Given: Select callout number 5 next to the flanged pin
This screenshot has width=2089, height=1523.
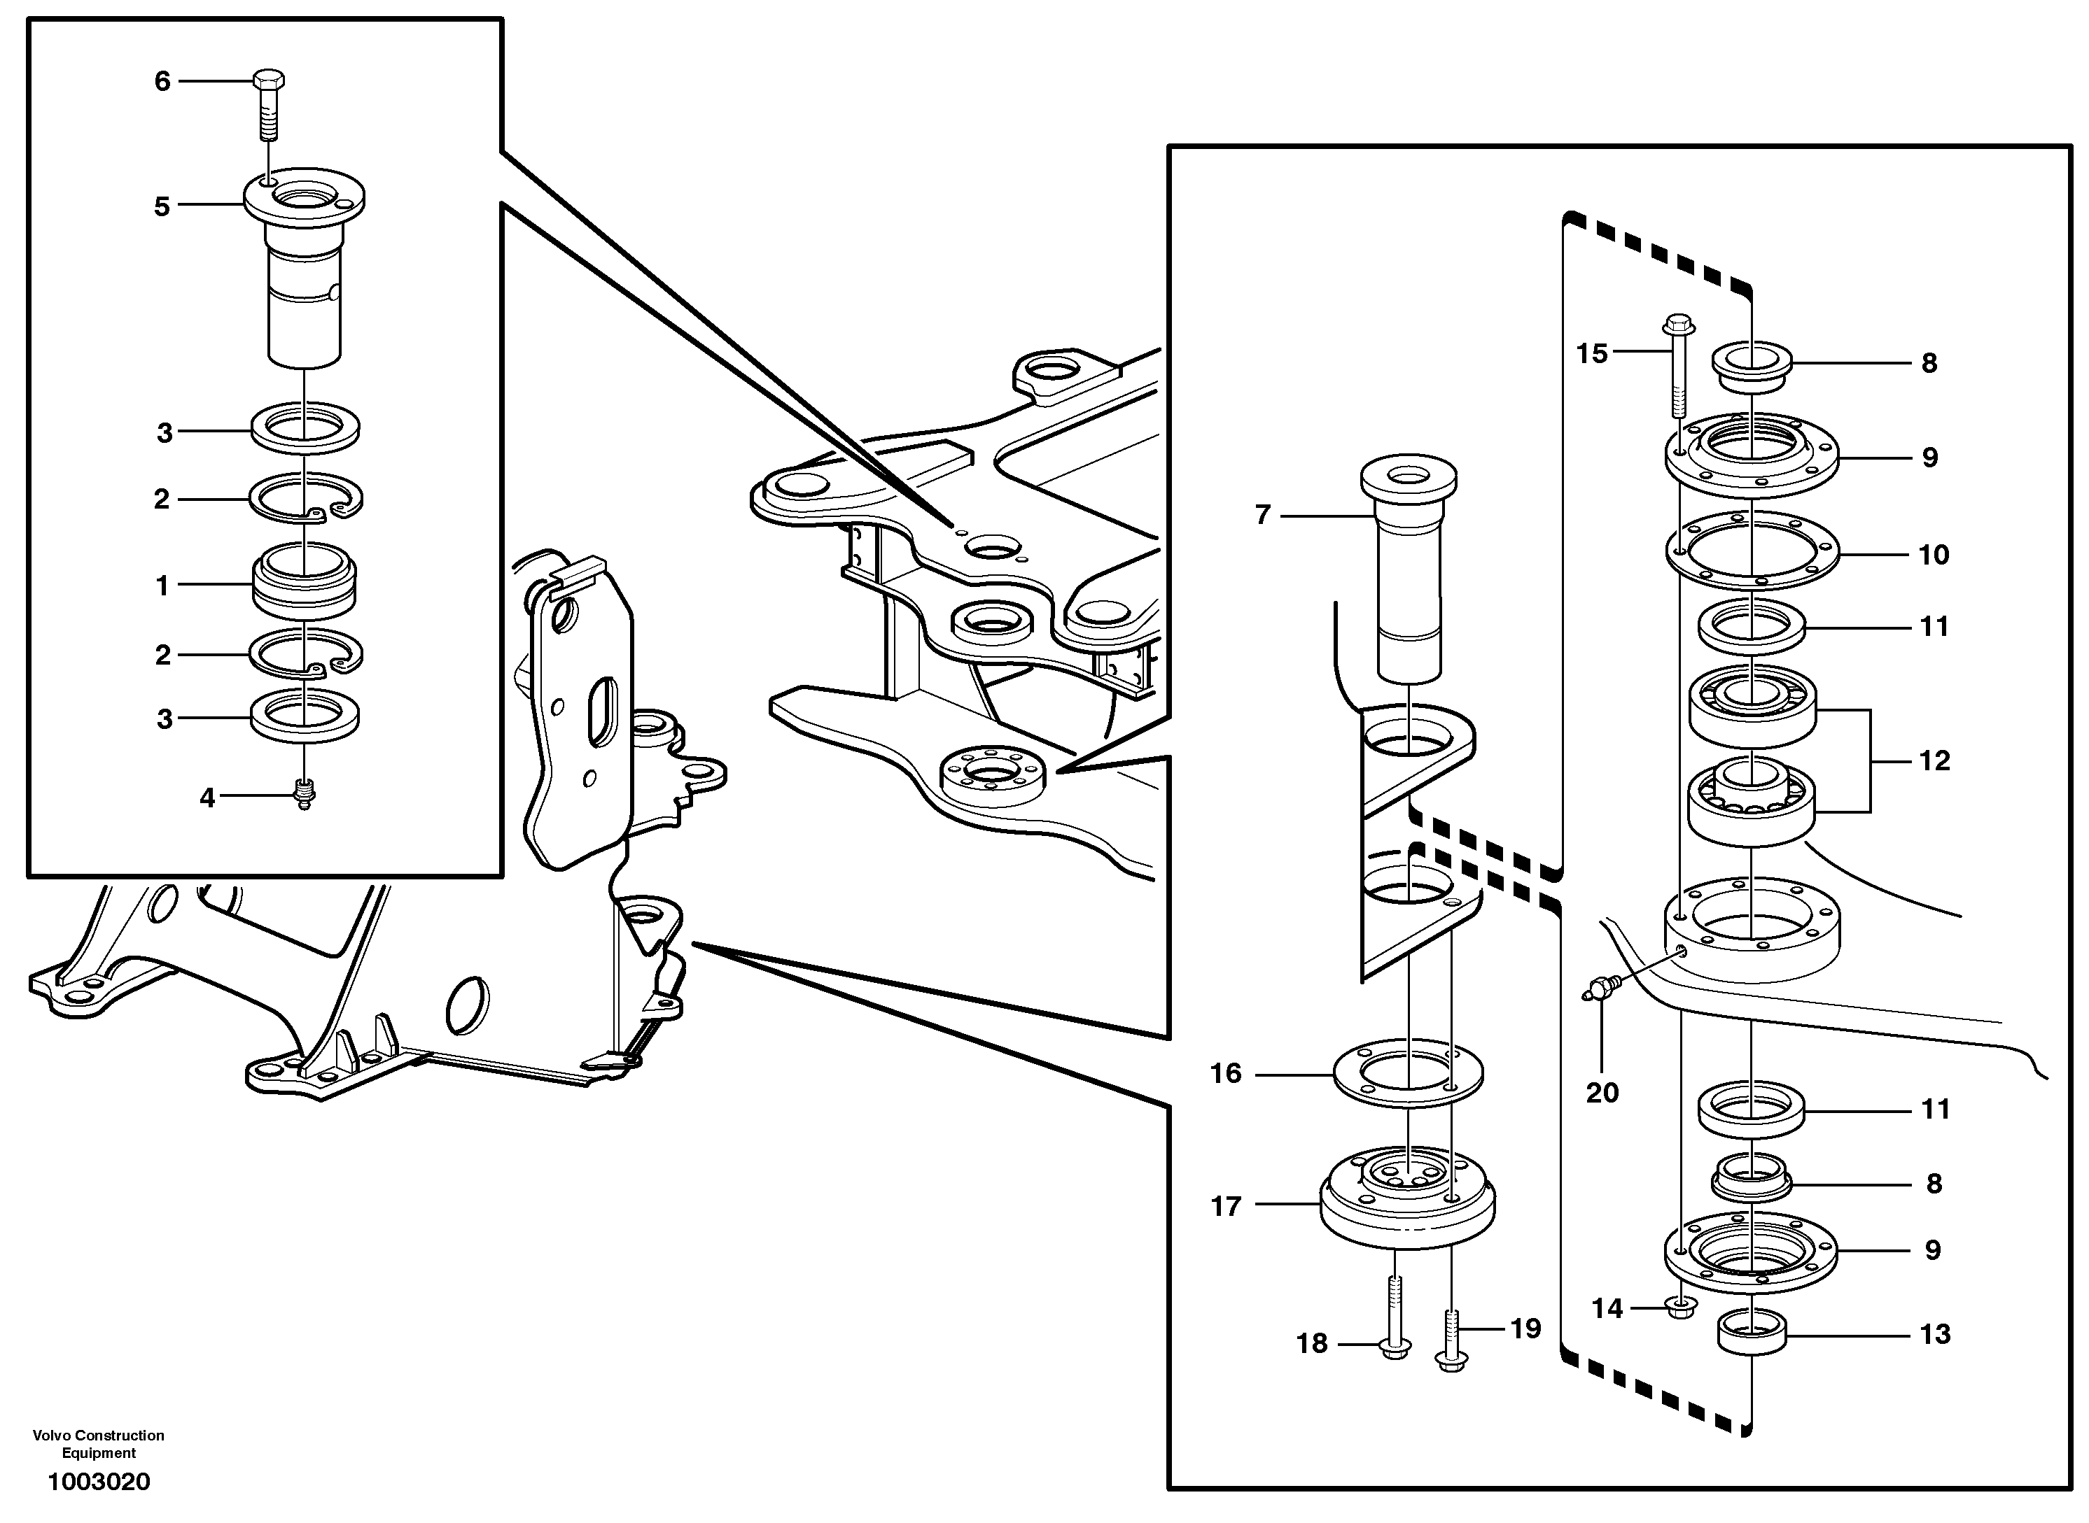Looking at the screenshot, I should coord(162,206).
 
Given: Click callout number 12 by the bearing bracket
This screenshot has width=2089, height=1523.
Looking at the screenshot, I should coord(1934,760).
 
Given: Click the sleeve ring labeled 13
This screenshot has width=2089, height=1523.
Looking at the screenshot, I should coord(1752,1333).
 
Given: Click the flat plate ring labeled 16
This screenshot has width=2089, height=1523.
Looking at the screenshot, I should coord(1409,1074).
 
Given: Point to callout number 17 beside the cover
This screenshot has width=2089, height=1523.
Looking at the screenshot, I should coord(1227,1206).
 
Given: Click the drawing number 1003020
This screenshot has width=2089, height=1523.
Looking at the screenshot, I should coord(99,1482).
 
